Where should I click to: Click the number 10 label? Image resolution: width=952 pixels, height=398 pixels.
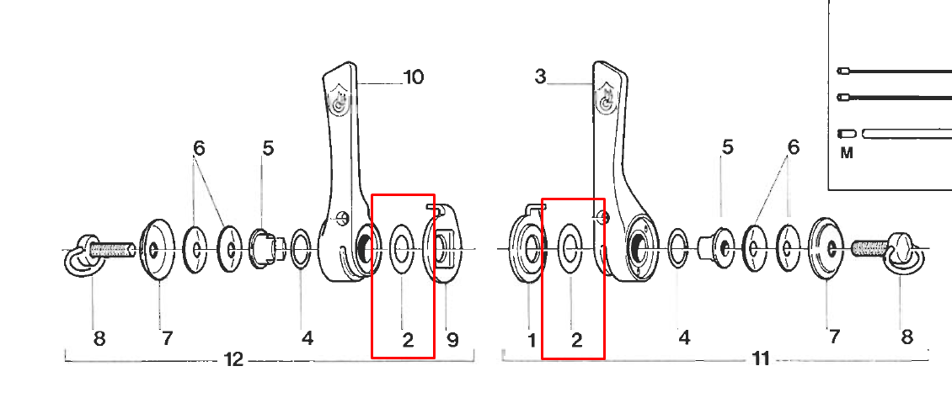tap(413, 77)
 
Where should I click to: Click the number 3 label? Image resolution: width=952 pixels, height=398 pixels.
tap(540, 77)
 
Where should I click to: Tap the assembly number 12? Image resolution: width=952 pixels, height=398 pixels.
tap(233, 360)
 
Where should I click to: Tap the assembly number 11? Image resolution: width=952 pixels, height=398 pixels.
tap(760, 359)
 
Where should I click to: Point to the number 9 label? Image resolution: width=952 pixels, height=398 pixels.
tap(452, 339)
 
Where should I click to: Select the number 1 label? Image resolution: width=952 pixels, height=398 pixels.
tap(532, 339)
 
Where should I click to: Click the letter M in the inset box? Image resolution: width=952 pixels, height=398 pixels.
tap(847, 153)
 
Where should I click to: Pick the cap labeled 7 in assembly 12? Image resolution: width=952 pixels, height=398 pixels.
tap(156, 248)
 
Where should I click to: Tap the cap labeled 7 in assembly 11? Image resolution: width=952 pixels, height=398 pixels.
tap(826, 247)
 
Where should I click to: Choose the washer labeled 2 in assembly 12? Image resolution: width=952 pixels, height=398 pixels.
tap(402, 248)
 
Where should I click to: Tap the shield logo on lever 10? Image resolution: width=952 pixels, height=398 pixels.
tap(339, 104)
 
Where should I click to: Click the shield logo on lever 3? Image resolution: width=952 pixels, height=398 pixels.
tap(606, 102)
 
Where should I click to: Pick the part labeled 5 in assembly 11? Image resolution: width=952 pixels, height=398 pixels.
tap(720, 245)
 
